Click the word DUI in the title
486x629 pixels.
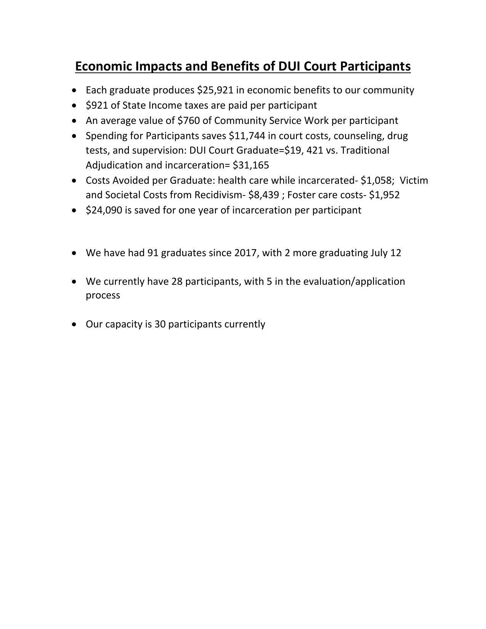click(290, 66)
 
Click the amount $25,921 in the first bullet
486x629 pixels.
click(215, 90)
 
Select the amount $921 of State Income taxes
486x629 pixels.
click(97, 105)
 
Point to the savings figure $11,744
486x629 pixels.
click(247, 136)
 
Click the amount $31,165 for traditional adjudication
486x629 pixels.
click(251, 165)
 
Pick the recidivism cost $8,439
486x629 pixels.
click(263, 195)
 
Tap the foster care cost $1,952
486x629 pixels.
click(384, 195)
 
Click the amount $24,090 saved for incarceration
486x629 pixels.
click(104, 210)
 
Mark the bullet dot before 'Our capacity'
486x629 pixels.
click(74, 324)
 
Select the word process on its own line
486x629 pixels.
click(103, 295)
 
